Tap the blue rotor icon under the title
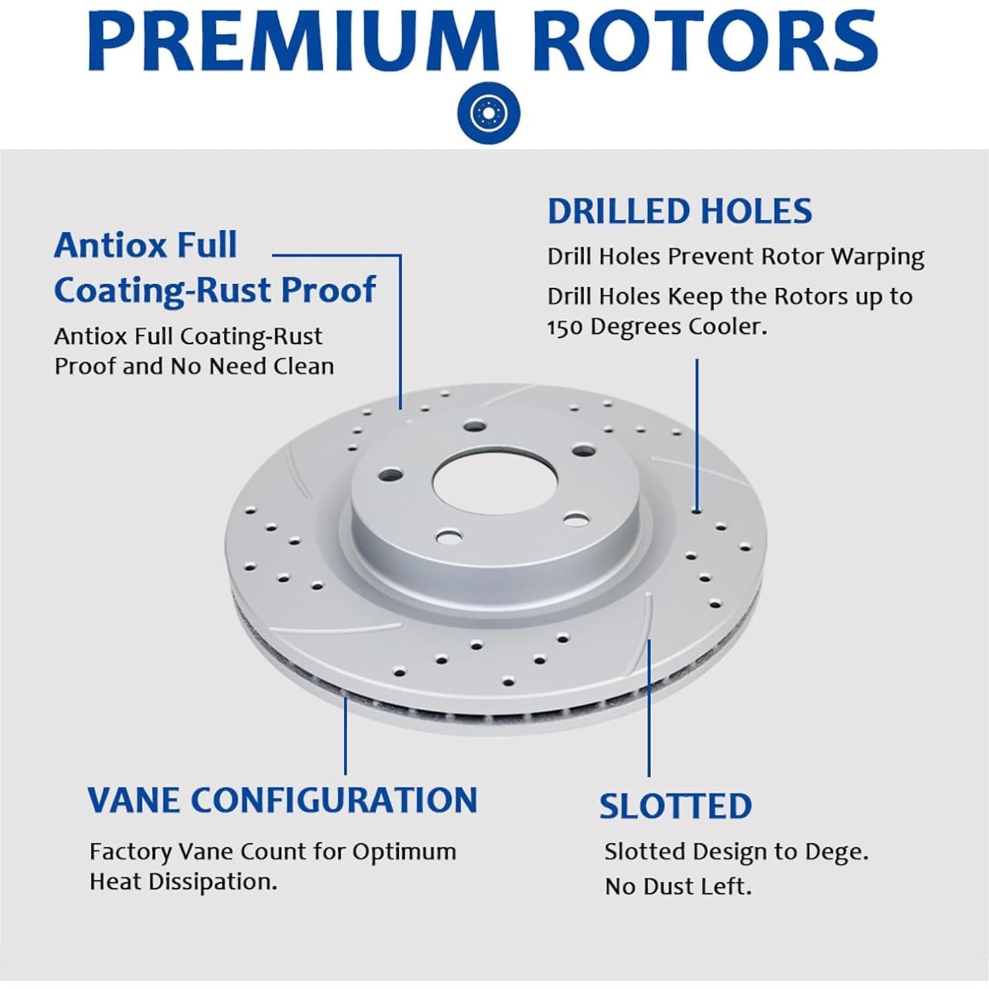pyautogui.click(x=489, y=113)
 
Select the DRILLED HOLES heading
pyautogui.click(x=680, y=211)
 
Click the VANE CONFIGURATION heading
pyautogui.click(x=283, y=800)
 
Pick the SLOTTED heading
pyautogui.click(x=676, y=806)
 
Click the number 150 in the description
pyautogui.click(x=565, y=327)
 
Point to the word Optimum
pyautogui.click(x=404, y=853)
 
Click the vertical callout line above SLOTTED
pyautogui.click(x=649, y=707)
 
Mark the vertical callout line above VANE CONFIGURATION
pyautogui.click(x=345, y=735)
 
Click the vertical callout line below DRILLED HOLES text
pyautogui.click(x=696, y=435)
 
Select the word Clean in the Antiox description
pyautogui.click(x=304, y=366)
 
